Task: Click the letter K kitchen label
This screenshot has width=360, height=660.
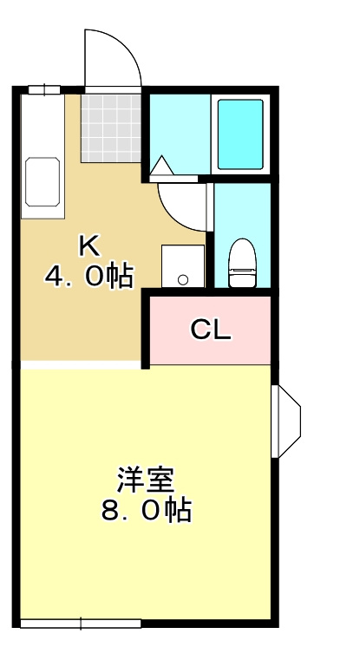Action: coord(89,246)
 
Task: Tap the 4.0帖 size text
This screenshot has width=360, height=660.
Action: coord(89,276)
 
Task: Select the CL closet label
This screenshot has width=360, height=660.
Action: coord(211,330)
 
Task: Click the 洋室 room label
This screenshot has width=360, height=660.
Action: coord(146,480)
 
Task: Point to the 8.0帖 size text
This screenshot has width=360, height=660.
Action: coord(146,510)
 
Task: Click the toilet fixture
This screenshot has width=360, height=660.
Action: coord(242,263)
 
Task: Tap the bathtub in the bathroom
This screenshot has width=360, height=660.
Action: coord(240,134)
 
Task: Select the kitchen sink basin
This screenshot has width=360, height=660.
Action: coord(43,182)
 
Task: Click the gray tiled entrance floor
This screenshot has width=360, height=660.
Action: coord(111,128)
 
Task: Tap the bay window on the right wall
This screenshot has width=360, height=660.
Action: coord(286,421)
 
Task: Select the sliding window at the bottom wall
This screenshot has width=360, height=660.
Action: coord(81,624)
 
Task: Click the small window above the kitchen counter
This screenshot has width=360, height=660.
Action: coord(44,89)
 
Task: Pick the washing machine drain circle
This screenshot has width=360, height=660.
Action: coord(183,279)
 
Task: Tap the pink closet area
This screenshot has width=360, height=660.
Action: coord(211,330)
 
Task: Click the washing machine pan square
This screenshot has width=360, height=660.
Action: coord(183,265)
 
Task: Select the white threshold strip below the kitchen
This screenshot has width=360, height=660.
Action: coord(81,365)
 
